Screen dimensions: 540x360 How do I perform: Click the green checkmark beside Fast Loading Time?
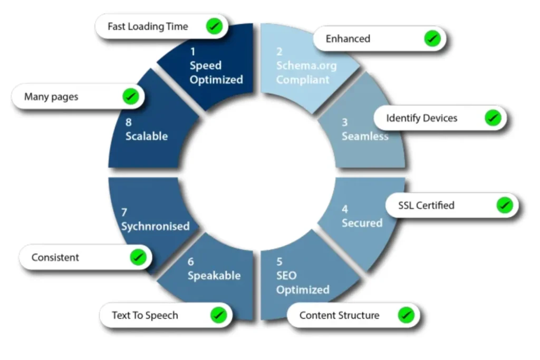click(214, 26)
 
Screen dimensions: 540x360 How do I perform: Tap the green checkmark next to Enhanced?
click(432, 38)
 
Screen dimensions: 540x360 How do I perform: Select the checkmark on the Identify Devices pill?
click(493, 118)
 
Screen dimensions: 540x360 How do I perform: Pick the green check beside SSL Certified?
click(505, 205)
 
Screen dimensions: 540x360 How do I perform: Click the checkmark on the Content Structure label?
click(406, 315)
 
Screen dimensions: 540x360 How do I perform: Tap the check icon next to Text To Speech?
click(218, 315)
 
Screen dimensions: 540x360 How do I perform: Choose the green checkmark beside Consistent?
click(138, 257)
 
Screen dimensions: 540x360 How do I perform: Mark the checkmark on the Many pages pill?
click(131, 96)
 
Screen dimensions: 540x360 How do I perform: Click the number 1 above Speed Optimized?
click(193, 52)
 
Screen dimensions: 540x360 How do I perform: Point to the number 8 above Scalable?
click(129, 122)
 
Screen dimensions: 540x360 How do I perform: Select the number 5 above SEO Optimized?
click(279, 261)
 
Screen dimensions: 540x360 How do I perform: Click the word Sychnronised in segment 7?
click(156, 227)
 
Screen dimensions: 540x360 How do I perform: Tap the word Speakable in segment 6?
click(214, 276)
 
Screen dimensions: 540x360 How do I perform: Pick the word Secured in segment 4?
click(362, 223)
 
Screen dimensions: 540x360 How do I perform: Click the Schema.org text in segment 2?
click(306, 66)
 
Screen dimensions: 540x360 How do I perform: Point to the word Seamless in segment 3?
click(365, 137)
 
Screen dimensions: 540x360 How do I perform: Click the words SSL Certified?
click(426, 206)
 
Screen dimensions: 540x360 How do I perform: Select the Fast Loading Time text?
click(148, 26)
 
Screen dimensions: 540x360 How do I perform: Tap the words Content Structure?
click(339, 315)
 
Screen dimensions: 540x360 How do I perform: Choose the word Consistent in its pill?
click(55, 257)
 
